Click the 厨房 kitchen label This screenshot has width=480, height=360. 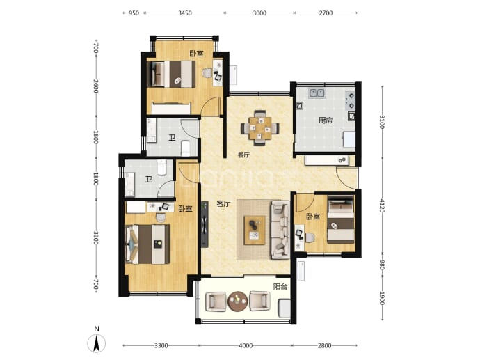[x=325, y=120]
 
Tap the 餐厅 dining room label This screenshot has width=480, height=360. [x=244, y=155]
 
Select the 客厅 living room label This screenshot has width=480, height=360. [x=223, y=203]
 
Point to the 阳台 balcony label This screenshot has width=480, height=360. [x=280, y=286]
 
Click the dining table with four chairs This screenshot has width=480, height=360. [x=260, y=127]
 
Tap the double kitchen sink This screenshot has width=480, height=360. [x=317, y=93]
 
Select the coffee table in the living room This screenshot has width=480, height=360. [x=255, y=230]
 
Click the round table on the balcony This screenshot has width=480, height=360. [x=237, y=302]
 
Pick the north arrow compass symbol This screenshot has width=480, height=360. [x=97, y=343]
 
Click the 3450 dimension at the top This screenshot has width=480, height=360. [x=185, y=13]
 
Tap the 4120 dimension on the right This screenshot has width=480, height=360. [x=382, y=205]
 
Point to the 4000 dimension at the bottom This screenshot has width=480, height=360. [x=246, y=345]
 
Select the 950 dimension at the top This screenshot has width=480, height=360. [x=134, y=13]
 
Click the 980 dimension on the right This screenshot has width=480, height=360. [x=382, y=265]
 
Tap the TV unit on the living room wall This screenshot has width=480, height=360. [x=205, y=224]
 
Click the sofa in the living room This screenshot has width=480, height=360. [x=280, y=230]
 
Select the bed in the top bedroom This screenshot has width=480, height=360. [x=171, y=74]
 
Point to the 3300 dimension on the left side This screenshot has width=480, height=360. [x=96, y=237]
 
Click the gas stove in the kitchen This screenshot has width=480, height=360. [x=351, y=100]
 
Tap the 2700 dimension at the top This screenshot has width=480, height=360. [x=326, y=13]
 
